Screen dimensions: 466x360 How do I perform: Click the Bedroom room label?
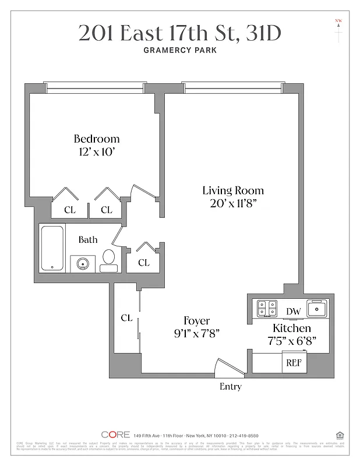(x=97, y=139)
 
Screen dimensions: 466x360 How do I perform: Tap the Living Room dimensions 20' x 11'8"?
(x=233, y=203)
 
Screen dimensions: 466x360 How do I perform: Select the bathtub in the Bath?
(x=52, y=248)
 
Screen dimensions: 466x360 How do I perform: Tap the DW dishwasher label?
(x=294, y=312)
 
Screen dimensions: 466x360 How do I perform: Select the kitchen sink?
(x=317, y=307)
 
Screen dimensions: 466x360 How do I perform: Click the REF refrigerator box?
(x=293, y=362)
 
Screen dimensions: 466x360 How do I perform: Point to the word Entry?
(x=230, y=387)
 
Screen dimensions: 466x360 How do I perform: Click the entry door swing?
(x=223, y=367)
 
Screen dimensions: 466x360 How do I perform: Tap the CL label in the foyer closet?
(x=126, y=318)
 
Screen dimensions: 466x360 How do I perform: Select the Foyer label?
(x=196, y=321)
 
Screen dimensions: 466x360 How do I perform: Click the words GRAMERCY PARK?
(x=180, y=50)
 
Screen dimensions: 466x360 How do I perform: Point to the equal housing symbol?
(x=340, y=435)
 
